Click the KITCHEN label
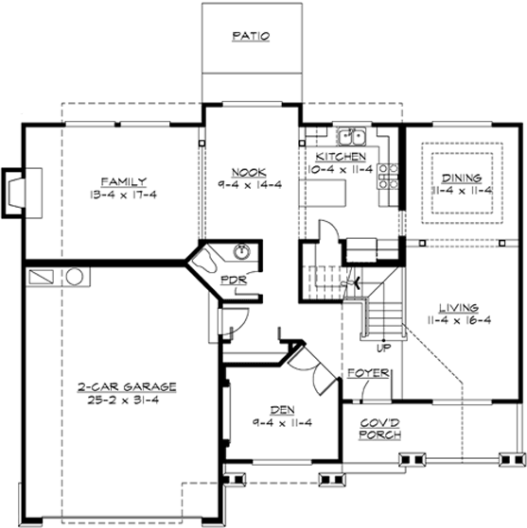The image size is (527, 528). click(x=341, y=156)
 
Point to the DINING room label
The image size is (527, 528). click(x=462, y=178)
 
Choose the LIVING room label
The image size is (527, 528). click(x=458, y=308)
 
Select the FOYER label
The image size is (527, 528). click(x=368, y=373)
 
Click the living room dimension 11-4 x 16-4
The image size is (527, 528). click(x=458, y=321)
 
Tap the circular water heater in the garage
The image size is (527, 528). click(x=76, y=278)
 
